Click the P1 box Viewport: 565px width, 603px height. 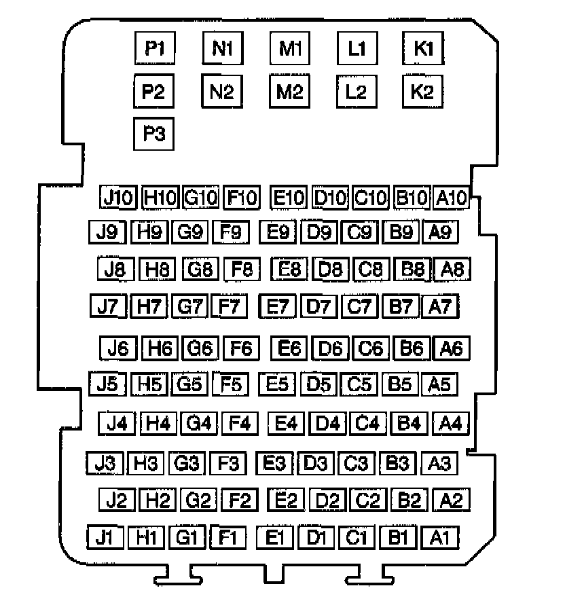pyautogui.click(x=154, y=48)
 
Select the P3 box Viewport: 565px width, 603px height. pyautogui.click(x=154, y=133)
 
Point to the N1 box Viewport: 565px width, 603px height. pyautogui.click(x=223, y=48)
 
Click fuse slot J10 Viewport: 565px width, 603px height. pyautogui.click(x=118, y=198)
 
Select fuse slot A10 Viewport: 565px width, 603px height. pyautogui.click(x=451, y=198)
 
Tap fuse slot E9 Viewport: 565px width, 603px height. pyautogui.click(x=278, y=232)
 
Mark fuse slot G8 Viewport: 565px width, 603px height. pyautogui.click(x=201, y=269)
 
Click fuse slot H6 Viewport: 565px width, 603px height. pyautogui.click(x=160, y=348)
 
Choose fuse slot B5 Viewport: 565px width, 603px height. pyautogui.click(x=400, y=384)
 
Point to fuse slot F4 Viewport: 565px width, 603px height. pyautogui.click(x=240, y=424)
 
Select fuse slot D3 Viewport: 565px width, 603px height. pyautogui.click(x=316, y=464)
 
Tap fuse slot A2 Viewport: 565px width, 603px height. pyautogui.click(x=452, y=501)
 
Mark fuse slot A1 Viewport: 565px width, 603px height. pyautogui.click(x=440, y=538)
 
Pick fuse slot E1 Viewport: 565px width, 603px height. pyautogui.click(x=275, y=538)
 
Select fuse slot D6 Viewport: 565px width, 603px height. pyautogui.click(x=330, y=348)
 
